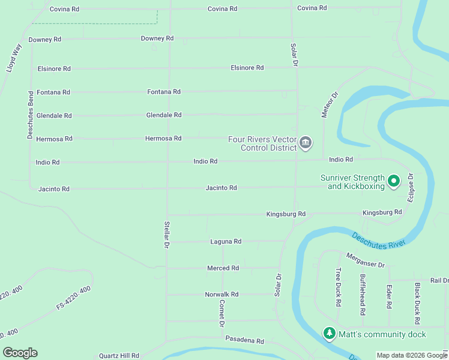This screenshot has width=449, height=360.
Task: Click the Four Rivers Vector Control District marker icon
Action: [x=306, y=143]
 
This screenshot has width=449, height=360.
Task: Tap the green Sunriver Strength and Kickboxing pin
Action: [x=394, y=180]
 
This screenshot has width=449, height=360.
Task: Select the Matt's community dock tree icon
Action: [x=329, y=333]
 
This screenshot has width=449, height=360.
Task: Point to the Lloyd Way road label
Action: [x=14, y=58]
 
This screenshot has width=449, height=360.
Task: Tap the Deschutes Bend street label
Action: [x=30, y=115]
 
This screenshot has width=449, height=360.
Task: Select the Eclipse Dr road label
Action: [x=411, y=188]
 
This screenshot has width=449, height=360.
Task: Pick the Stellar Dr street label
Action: [x=167, y=235]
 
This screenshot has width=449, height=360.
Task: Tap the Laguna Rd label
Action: [x=226, y=241]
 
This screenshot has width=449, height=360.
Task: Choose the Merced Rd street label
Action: [x=223, y=268]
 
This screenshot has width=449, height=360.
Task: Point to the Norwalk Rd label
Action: [x=221, y=294]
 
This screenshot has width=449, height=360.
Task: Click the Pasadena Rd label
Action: [x=244, y=340]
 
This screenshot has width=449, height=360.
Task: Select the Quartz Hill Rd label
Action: [x=119, y=355]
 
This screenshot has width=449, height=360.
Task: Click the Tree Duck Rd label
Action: [x=339, y=287]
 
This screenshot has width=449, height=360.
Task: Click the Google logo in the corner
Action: [x=20, y=353]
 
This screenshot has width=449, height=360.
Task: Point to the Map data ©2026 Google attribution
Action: [x=411, y=355]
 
